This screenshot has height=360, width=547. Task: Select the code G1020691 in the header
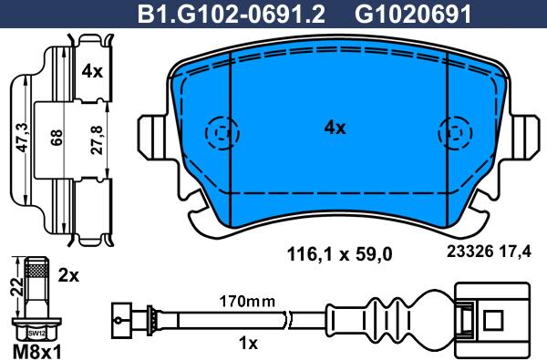(x=399, y=14)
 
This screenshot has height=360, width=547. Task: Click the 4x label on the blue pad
(x=335, y=129)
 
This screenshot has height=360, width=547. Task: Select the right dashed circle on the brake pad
(x=452, y=135)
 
